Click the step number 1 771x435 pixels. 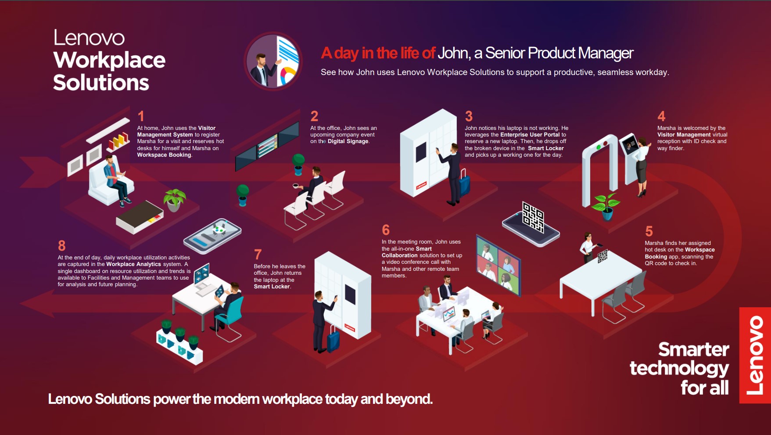[x=141, y=116]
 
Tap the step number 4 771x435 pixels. [x=661, y=116]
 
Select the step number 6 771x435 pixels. [x=386, y=230]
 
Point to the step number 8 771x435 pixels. [x=62, y=245]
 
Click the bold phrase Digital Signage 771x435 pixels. [x=348, y=141]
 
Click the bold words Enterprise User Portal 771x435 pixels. [x=530, y=135]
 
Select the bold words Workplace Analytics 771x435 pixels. [x=134, y=264]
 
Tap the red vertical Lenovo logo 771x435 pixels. [x=755, y=355]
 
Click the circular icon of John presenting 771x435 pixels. [x=273, y=61]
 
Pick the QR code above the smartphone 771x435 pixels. [x=533, y=217]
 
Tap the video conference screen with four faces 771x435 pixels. [x=498, y=265]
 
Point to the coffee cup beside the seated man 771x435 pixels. [x=296, y=186]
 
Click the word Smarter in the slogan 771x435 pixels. [x=694, y=349]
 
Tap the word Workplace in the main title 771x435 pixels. [x=109, y=60]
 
